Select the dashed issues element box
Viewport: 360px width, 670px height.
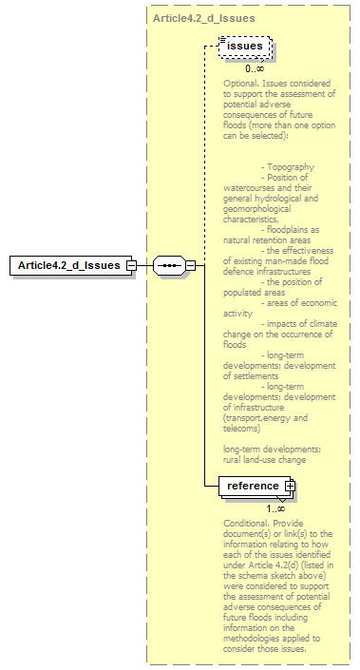pos(244,46)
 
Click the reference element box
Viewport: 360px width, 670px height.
pos(253,486)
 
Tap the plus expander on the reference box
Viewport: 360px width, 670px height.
pos(290,486)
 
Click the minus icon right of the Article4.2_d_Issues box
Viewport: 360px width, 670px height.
pos(132,264)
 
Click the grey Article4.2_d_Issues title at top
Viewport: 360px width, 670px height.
pos(202,18)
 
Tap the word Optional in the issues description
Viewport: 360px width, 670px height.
pos(241,83)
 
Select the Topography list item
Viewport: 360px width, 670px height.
pos(290,166)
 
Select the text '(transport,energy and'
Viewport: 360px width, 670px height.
pos(266,418)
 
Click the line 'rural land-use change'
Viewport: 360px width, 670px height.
pos(264,459)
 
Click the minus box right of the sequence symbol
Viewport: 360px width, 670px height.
pos(190,264)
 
